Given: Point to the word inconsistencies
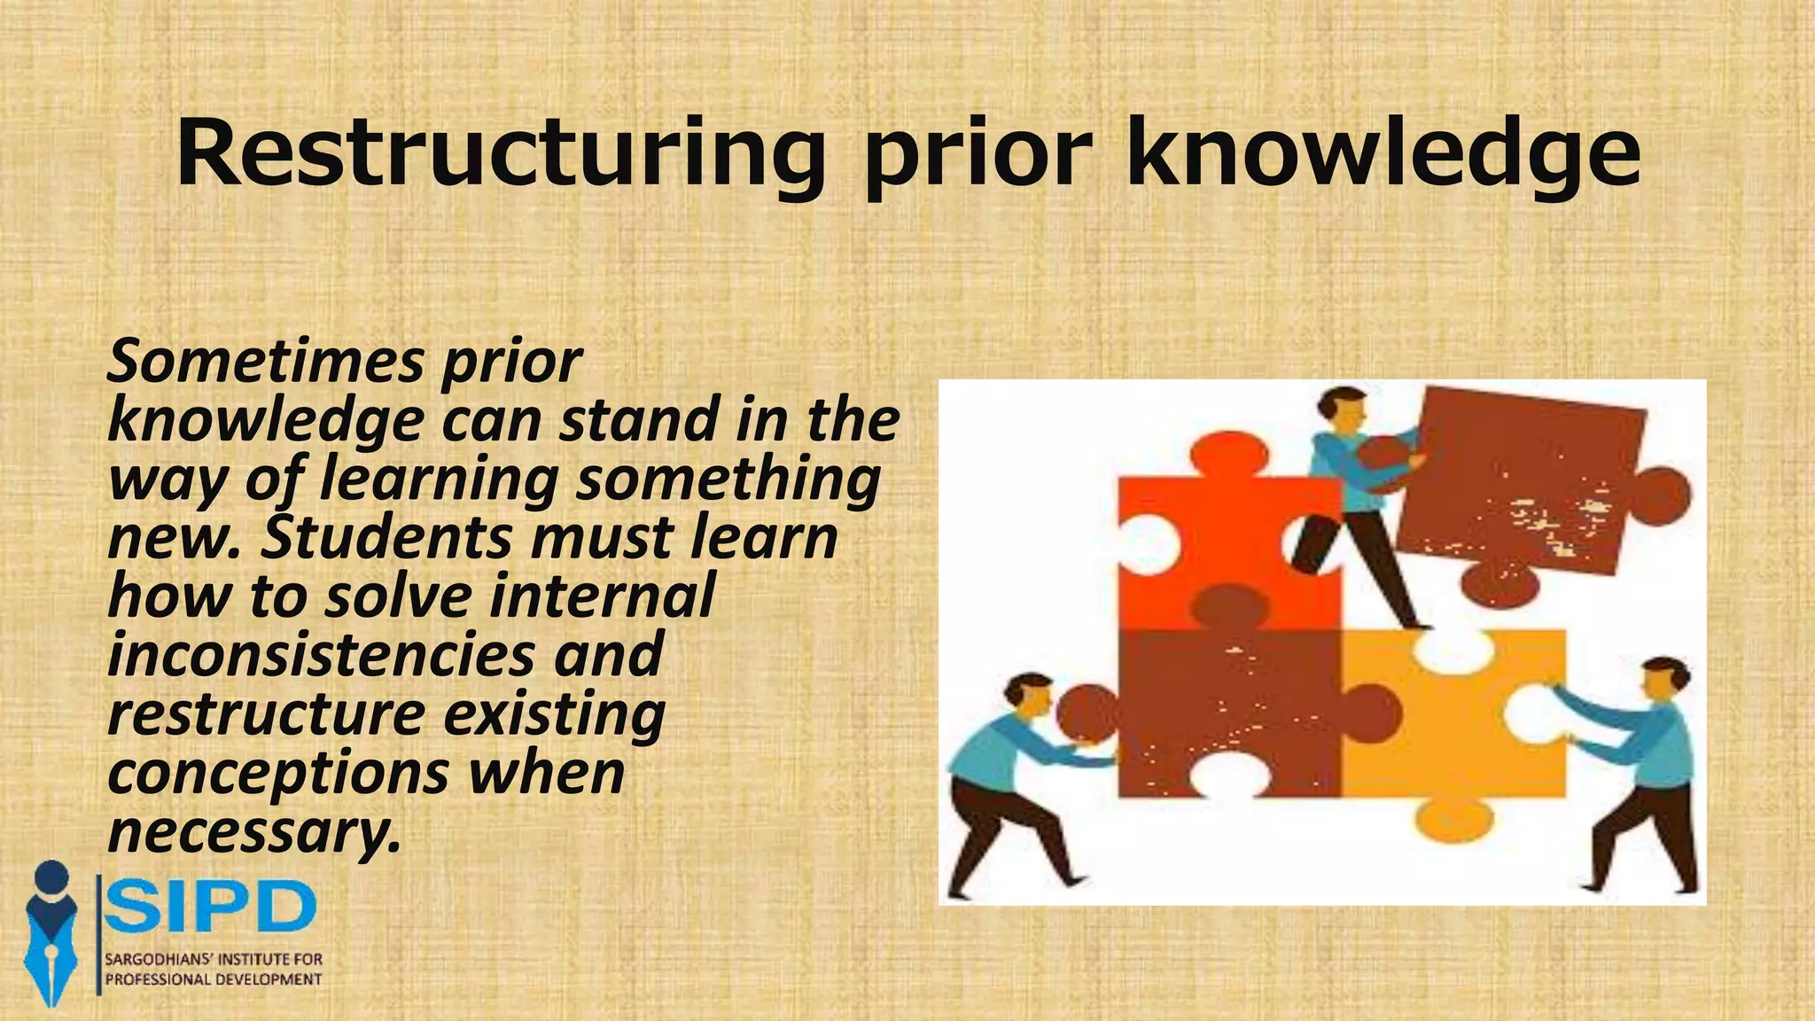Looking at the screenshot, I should pos(322,655).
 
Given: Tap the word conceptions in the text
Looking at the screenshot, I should pos(278,773).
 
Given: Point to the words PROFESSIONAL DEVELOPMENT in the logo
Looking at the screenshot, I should pos(214,979).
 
